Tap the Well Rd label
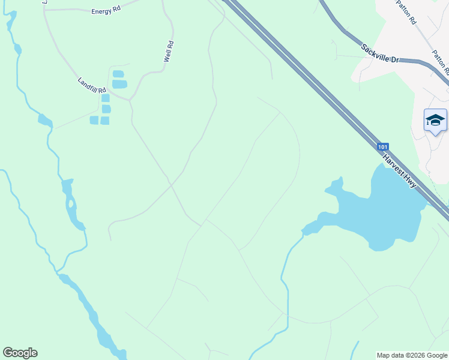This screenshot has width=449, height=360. coord(169,52)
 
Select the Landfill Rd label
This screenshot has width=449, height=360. coord(91,85)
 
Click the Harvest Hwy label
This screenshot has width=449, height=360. coord(400,171)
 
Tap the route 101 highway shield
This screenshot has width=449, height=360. coord(383,146)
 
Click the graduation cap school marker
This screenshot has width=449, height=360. coord(435,120)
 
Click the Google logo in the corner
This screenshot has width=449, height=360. coord(20,353)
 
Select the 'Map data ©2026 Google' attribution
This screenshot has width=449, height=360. coord(412,356)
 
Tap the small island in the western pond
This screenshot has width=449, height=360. coord(71,204)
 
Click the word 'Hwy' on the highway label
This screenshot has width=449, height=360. coord(410,181)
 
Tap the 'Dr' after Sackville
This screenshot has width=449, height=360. coord(395,59)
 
